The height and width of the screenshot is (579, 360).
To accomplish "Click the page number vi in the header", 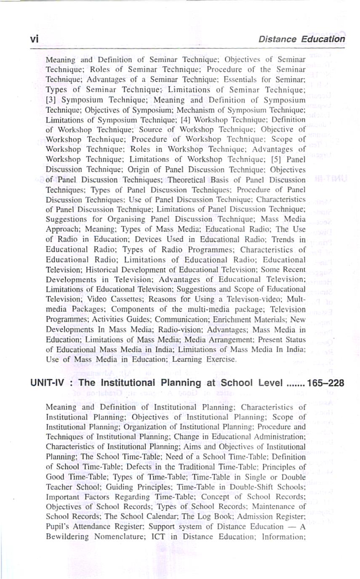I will [x=34, y=38].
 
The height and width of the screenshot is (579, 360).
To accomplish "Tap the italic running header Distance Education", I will [x=301, y=39].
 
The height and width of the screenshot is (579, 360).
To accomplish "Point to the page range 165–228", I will [x=326, y=383].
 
